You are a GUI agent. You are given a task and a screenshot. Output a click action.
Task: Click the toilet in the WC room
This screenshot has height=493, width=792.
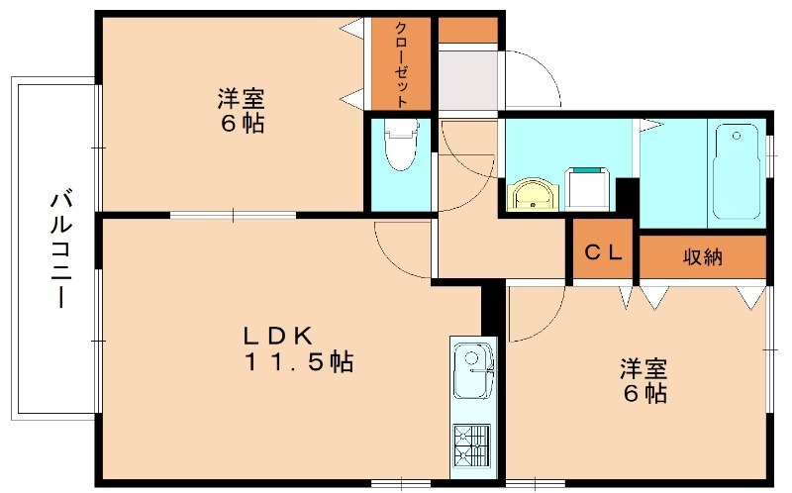pyautogui.click(x=401, y=147)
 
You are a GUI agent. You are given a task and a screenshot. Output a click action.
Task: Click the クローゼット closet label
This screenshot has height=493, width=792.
pyautogui.click(x=401, y=64)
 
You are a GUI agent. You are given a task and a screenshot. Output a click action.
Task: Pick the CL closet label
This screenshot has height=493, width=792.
pyautogui.click(x=603, y=253)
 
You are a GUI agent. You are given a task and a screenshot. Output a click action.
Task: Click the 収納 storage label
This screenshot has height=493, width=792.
pyautogui.click(x=702, y=257)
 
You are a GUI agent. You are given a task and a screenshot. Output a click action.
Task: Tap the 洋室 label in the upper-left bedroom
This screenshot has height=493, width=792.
pyautogui.click(x=241, y=99)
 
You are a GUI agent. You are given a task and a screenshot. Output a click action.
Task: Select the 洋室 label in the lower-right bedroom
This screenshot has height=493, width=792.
pyautogui.click(x=643, y=369)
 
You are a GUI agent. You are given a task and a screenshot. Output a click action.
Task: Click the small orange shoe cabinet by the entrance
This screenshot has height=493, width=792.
pyautogui.click(x=466, y=30)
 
